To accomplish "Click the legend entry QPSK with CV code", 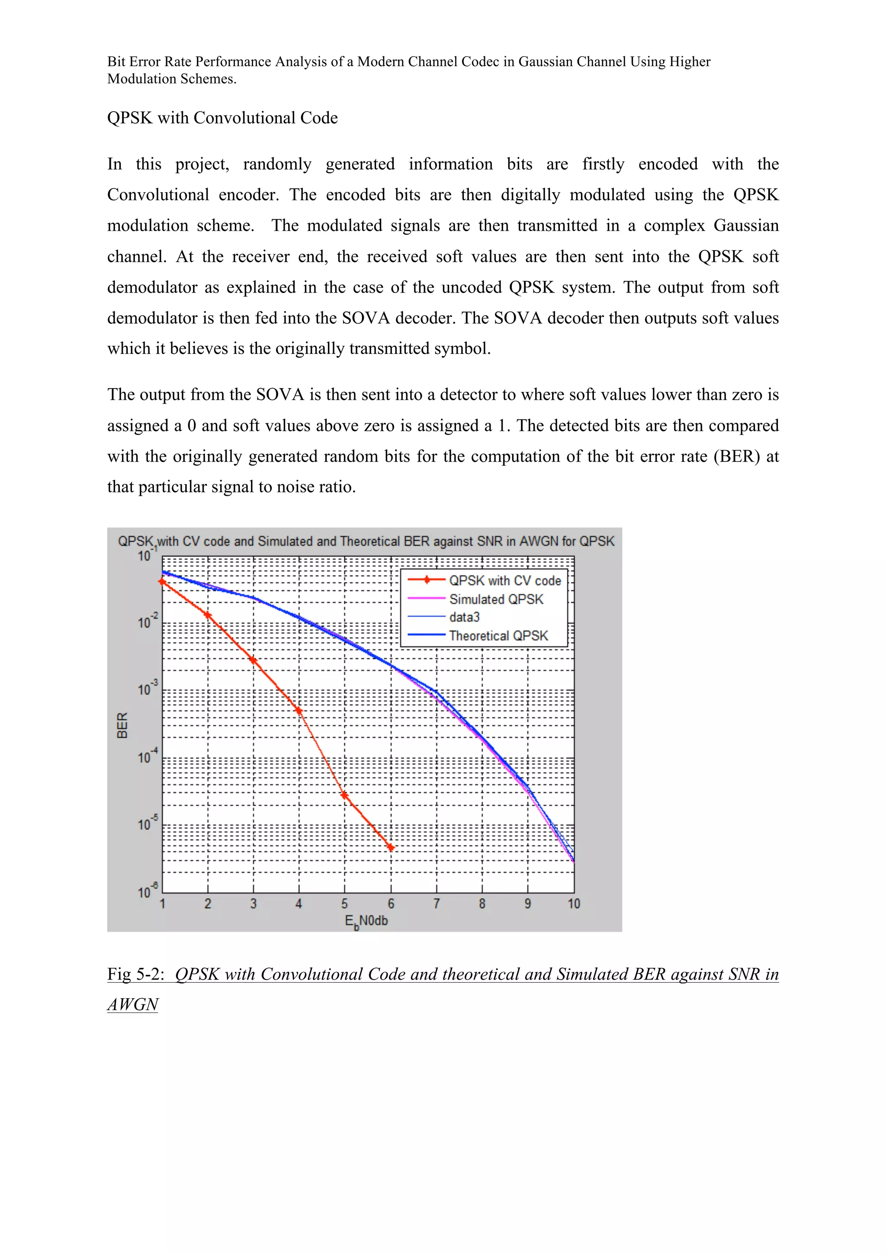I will (x=504, y=581).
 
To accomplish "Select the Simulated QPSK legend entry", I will (x=496, y=599).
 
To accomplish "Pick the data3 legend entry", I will (x=464, y=617).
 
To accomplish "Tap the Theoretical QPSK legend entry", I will (x=498, y=636).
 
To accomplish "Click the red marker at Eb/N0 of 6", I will (x=391, y=848).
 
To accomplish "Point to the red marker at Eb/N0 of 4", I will (x=299, y=711).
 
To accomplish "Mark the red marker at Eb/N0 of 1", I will (x=162, y=582).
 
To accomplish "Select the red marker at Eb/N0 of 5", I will (x=344, y=795).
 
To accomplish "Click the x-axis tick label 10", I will (x=573, y=904).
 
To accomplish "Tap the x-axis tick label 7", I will (x=436, y=904).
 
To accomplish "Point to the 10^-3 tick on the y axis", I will (x=146, y=689).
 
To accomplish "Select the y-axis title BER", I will (x=122, y=725).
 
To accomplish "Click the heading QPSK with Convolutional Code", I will (x=222, y=118).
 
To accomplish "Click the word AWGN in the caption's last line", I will (x=133, y=1004).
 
